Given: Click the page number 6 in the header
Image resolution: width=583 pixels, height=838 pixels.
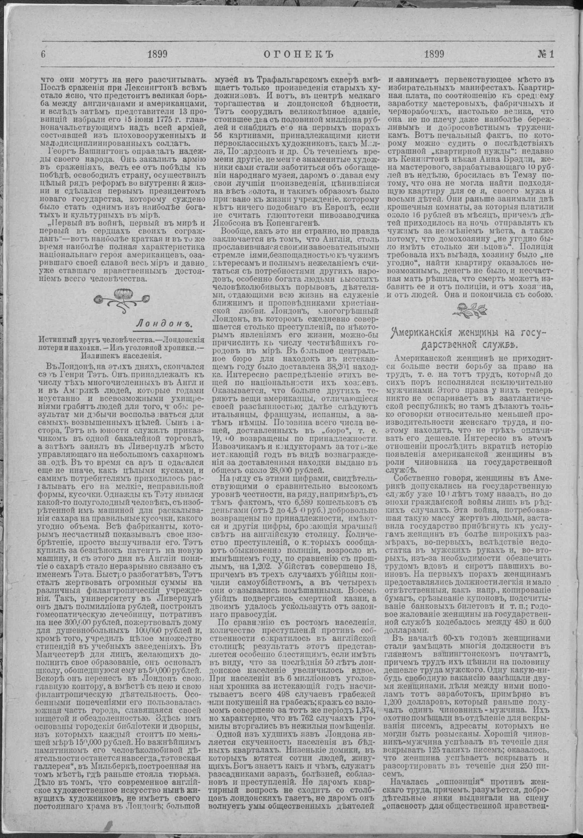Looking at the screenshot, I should [x=43, y=55].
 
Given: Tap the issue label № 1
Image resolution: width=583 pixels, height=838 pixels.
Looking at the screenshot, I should [x=545, y=54].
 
